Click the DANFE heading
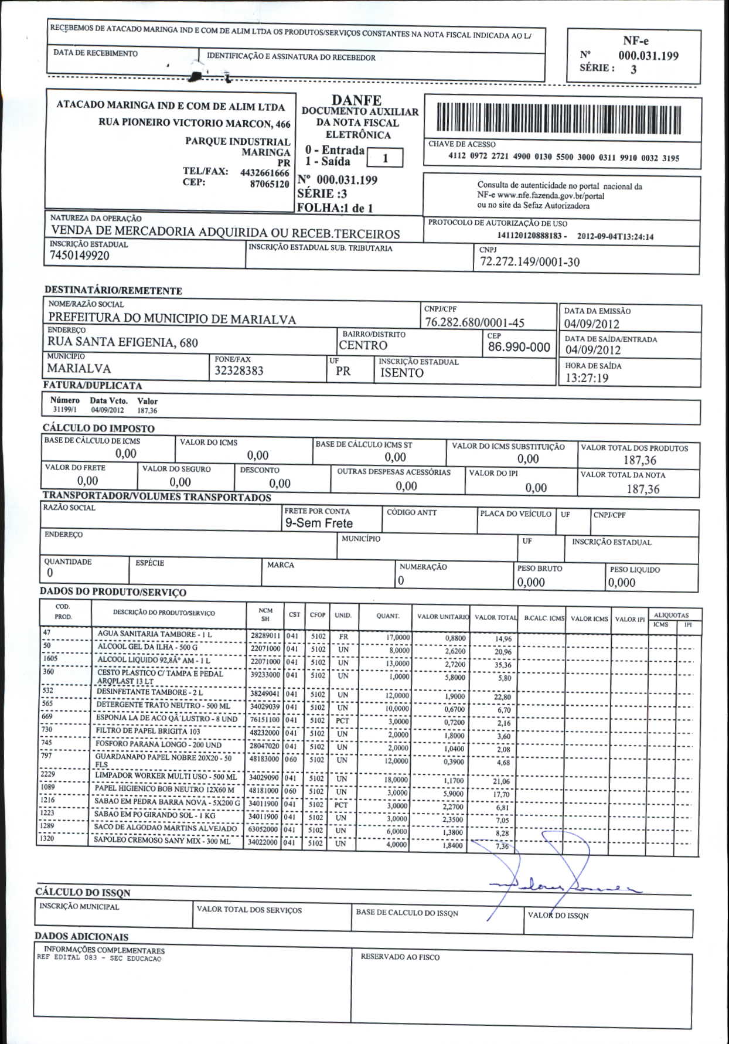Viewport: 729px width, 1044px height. pyautogui.click(x=356, y=101)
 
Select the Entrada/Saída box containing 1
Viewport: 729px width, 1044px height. pyautogui.click(x=385, y=158)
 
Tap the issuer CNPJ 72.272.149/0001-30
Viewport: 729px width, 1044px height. pyautogui.click(x=529, y=261)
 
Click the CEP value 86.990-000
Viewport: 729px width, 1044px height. pyautogui.click(x=519, y=347)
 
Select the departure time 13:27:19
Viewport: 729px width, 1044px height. pyautogui.click(x=587, y=378)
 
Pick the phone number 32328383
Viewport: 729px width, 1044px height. pyautogui.click(x=239, y=370)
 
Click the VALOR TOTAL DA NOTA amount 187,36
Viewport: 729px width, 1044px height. pyautogui.click(x=643, y=489)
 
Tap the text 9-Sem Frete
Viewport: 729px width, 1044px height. pyautogui.click(x=319, y=523)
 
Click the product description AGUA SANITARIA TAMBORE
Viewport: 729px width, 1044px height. pyautogui.click(x=155, y=634)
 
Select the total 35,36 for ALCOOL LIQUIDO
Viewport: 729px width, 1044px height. pyautogui.click(x=502, y=665)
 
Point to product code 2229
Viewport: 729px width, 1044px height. pyautogui.click(x=48, y=774)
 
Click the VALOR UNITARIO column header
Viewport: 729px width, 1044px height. pyautogui.click(x=443, y=617)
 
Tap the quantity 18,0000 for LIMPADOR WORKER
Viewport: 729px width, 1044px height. pyautogui.click(x=396, y=780)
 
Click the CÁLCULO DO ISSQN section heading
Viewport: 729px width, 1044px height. pyautogui.click(x=83, y=892)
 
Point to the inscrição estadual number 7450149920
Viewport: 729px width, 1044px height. pyautogui.click(x=80, y=256)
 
